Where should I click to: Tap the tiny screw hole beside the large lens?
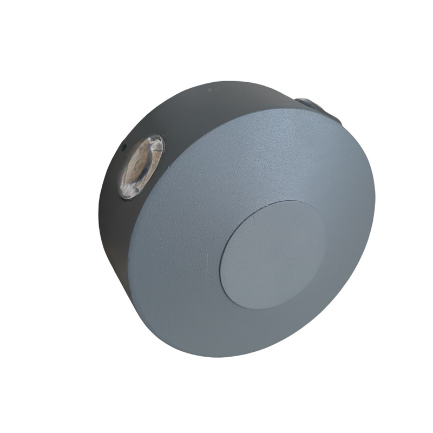coord(123,146)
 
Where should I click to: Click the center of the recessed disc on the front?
coord(273,254)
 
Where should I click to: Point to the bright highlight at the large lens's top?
coord(154,142)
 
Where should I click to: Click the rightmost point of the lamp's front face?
coord(375,200)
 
